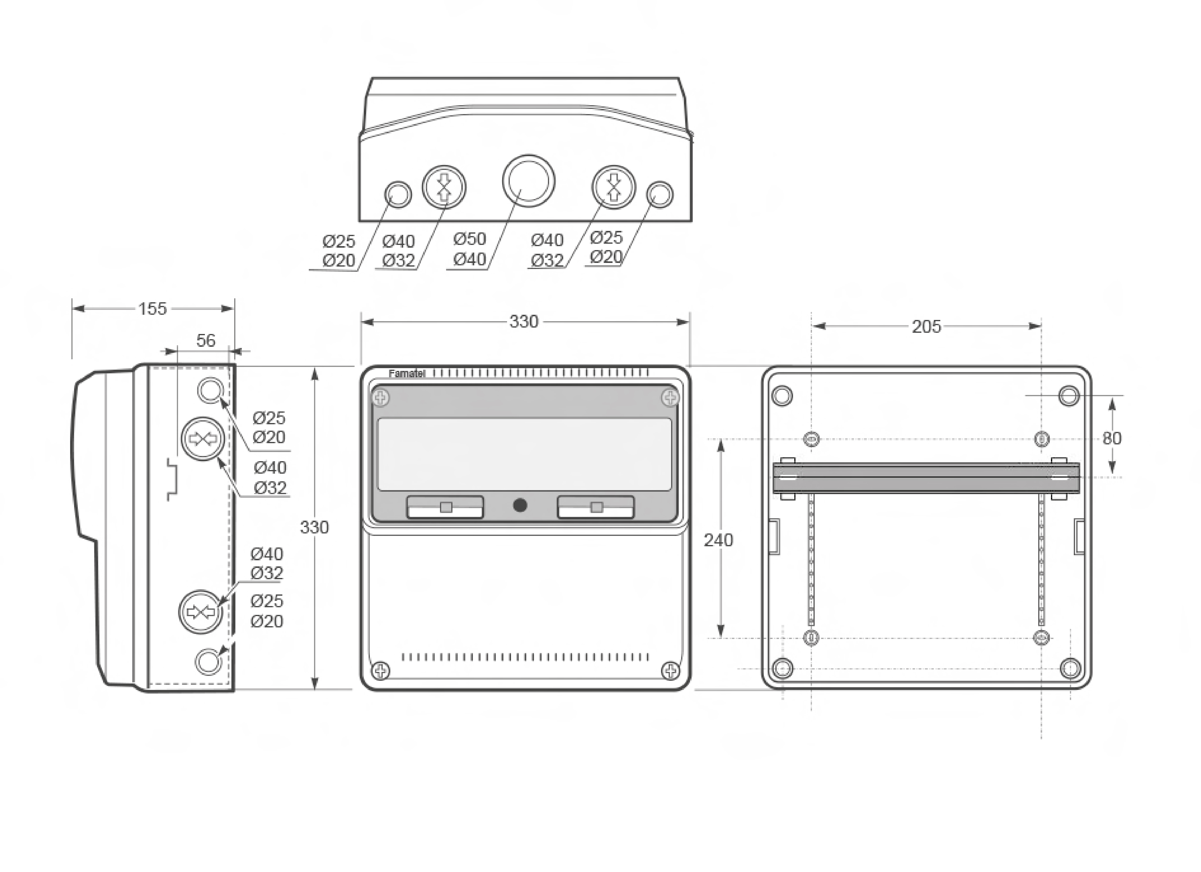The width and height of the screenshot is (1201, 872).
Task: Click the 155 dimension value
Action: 152,309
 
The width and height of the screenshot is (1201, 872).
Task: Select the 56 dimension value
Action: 206,341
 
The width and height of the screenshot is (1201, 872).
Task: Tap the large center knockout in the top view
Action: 528,181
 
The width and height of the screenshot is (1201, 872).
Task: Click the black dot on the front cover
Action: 520,505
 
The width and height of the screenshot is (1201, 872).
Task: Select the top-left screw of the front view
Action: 381,397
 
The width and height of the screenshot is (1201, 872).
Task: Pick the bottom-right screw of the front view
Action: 670,671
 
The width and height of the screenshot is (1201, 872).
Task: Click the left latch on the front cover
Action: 445,507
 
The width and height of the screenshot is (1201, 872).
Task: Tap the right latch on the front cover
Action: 596,507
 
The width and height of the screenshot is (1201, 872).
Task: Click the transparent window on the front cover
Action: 524,454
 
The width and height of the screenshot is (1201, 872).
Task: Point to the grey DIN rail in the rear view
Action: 926,478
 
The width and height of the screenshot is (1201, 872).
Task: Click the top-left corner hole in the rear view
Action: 783,396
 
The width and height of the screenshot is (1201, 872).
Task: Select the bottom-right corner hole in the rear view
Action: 1070,669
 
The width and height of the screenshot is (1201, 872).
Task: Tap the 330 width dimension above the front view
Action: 524,321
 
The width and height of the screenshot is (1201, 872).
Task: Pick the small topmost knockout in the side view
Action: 210,390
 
